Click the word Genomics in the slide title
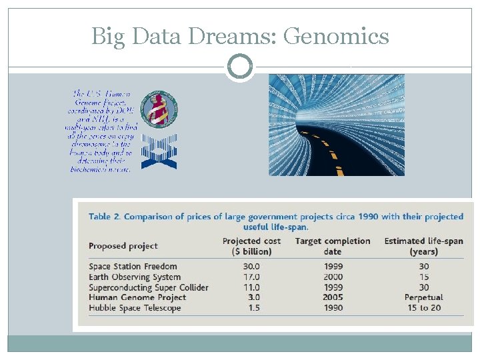pos(336,36)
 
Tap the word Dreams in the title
pos(231,36)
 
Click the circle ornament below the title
pos(239,67)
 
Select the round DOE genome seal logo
pos(162,109)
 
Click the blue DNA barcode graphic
pos(159,151)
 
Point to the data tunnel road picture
pos(337,125)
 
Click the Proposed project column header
pos(123,246)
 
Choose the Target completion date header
pos(332,246)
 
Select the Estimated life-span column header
pos(424,246)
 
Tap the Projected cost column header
pos(251,246)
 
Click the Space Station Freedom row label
pos(133,267)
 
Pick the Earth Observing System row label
pos(135,277)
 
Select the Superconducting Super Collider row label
pos(149,287)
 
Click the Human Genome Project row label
pos(137,297)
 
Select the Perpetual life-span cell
pos(423,297)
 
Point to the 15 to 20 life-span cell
pos(423,308)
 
